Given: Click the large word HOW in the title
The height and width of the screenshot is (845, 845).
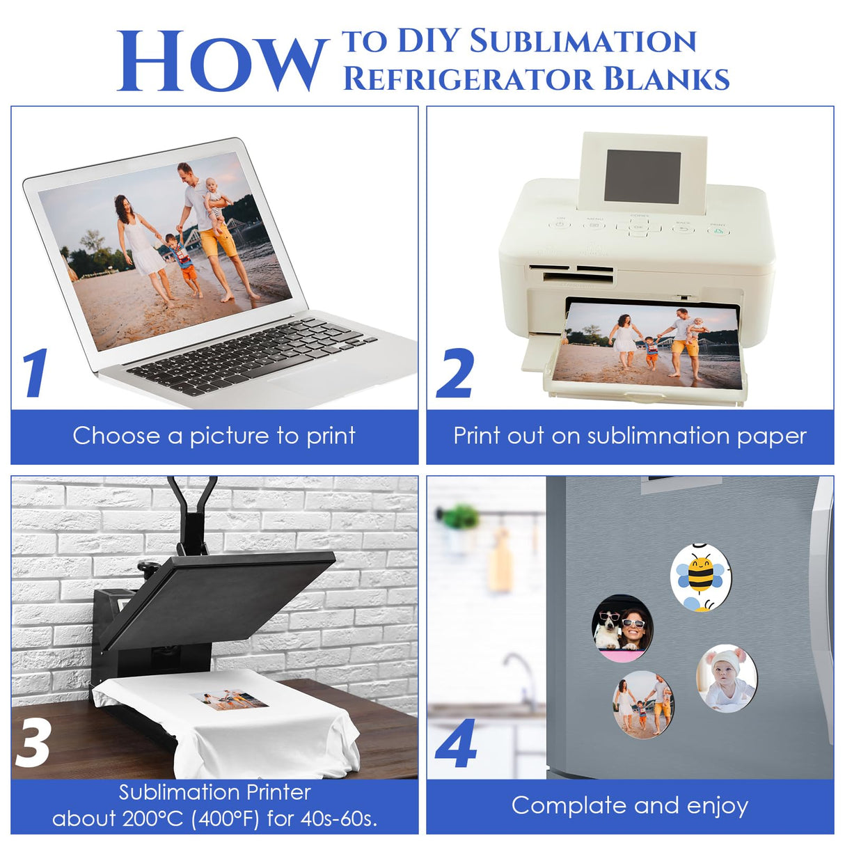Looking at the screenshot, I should point(221,63).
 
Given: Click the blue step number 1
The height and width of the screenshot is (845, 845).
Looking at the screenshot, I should point(35,373).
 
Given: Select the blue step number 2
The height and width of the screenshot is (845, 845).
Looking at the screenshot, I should point(455,374).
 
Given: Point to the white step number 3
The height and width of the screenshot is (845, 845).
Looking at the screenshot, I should point(33,743).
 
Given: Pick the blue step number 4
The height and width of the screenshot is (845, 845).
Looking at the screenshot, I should point(456,744).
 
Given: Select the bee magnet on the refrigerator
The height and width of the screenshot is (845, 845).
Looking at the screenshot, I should point(701,577).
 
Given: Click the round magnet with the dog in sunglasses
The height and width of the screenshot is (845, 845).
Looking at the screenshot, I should point(622,628).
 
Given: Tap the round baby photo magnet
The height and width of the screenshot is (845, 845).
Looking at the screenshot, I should point(726,678).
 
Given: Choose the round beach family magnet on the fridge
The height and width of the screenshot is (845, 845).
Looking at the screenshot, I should point(643,704).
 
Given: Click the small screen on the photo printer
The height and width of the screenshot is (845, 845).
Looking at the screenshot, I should point(642,177).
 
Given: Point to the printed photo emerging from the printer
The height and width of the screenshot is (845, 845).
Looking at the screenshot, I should point(653,345).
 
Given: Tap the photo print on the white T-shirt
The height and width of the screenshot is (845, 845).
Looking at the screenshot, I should point(229,699).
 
